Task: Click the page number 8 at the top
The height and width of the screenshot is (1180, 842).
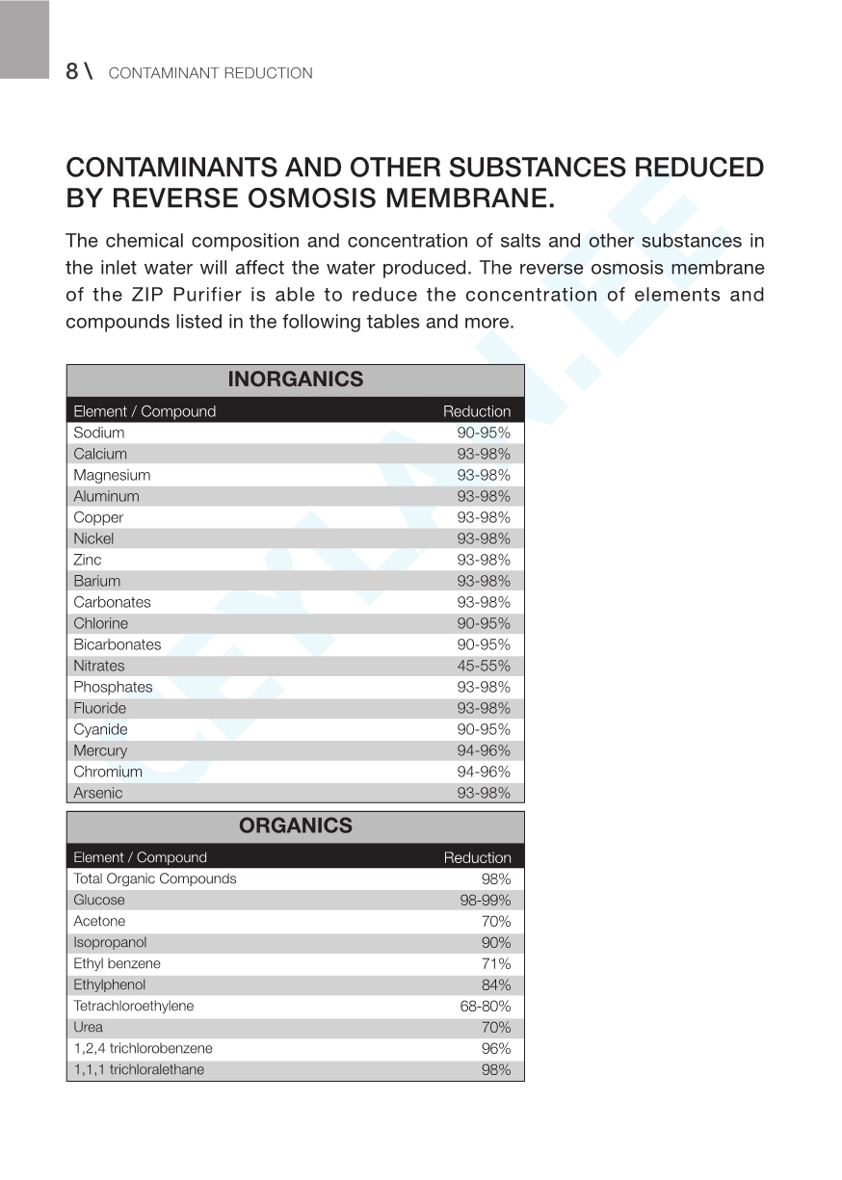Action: (72, 71)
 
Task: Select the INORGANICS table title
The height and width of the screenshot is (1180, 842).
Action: (295, 380)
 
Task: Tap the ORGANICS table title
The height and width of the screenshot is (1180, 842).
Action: (295, 826)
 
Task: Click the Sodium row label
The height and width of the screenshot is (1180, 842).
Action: (98, 433)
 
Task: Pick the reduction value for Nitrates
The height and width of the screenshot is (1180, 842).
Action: (484, 666)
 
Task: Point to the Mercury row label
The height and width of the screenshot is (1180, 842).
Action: (100, 750)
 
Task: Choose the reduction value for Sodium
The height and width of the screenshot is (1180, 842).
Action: (484, 433)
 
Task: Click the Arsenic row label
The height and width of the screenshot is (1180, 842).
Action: (98, 793)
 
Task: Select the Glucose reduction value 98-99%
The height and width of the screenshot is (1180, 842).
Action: (485, 900)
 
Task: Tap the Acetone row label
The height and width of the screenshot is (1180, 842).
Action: (99, 921)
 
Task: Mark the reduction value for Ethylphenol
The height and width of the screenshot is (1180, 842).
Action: (496, 984)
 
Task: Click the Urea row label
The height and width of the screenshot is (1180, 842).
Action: (88, 1027)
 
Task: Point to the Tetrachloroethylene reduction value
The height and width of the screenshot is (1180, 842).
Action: (485, 1006)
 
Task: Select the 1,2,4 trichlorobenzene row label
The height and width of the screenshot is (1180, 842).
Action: (143, 1048)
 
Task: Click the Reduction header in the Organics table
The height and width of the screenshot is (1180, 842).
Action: (477, 857)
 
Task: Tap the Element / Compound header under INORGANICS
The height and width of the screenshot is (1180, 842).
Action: (145, 411)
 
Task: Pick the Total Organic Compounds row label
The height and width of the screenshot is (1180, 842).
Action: (154, 878)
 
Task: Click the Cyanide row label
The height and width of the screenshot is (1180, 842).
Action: (100, 729)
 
